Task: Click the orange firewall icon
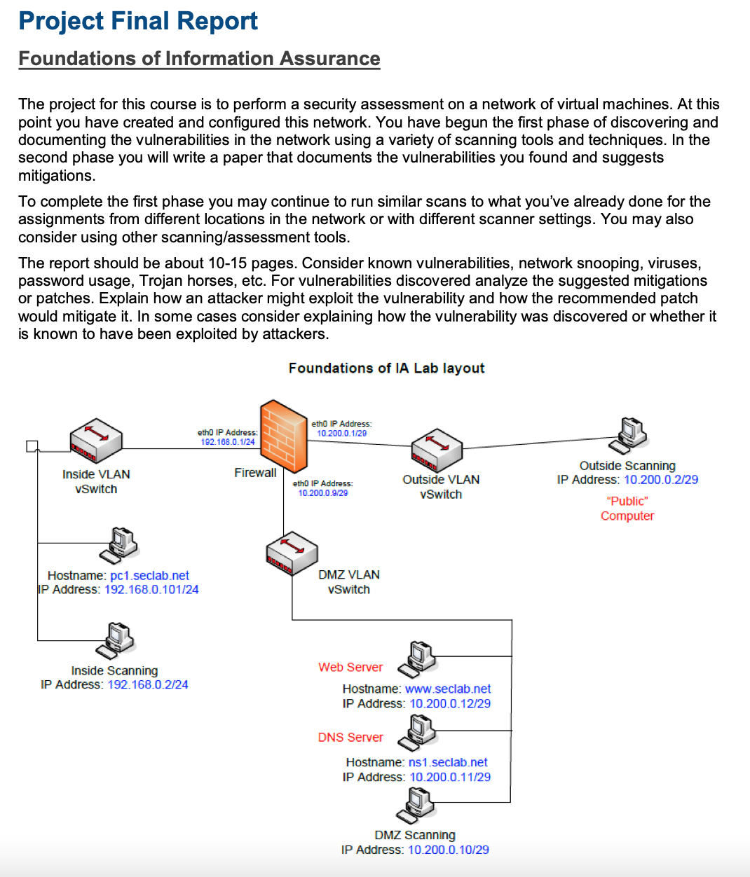pyautogui.click(x=284, y=436)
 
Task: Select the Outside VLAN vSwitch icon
pyautogui.click(x=437, y=450)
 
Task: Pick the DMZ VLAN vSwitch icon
pyautogui.click(x=292, y=553)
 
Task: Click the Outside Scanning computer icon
pyautogui.click(x=629, y=435)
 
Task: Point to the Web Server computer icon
pyautogui.click(x=418, y=658)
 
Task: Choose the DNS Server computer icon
pyautogui.click(x=418, y=732)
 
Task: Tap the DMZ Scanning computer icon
pyautogui.click(x=416, y=806)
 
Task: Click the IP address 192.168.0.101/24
pyautogui.click(x=151, y=590)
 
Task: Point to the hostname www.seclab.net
pyautogui.click(x=448, y=689)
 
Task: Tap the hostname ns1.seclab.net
pyautogui.click(x=448, y=762)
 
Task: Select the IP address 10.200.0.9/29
pyautogui.click(x=323, y=493)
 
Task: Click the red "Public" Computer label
pyautogui.click(x=627, y=509)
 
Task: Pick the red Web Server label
pyautogui.click(x=350, y=668)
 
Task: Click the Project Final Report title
pyautogui.click(x=138, y=21)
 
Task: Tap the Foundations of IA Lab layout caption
pyautogui.click(x=386, y=368)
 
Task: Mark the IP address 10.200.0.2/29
pyautogui.click(x=661, y=480)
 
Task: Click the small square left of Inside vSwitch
pyautogui.click(x=31, y=446)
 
